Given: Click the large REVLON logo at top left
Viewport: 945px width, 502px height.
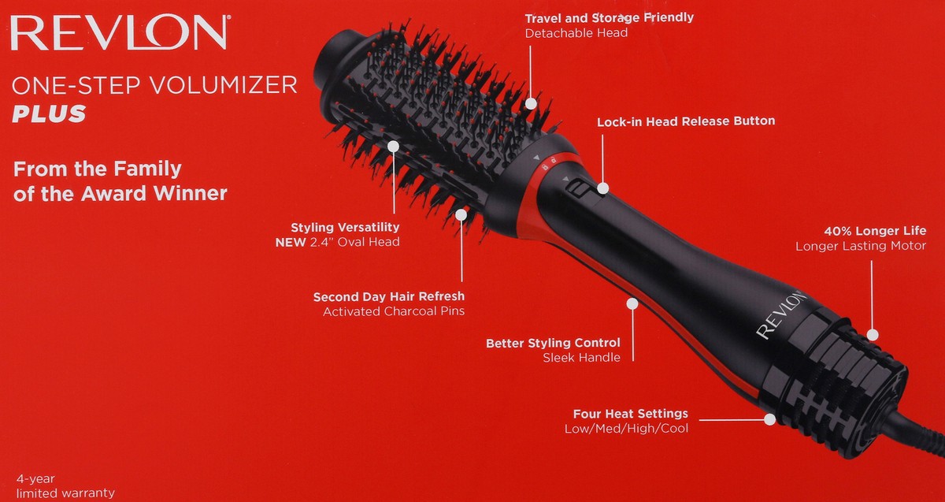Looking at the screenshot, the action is [x=120, y=32].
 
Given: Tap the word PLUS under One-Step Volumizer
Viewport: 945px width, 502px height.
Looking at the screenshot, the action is [x=49, y=113].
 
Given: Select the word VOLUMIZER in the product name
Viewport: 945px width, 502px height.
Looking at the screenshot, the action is [x=224, y=85].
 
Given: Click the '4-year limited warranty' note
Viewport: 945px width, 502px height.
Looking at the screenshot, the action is [x=65, y=486].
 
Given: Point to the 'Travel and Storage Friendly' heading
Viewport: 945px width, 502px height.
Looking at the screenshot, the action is [x=610, y=18].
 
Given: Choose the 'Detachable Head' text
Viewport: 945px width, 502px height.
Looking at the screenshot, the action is [x=576, y=33].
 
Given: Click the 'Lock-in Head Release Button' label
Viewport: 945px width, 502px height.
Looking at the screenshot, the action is [x=686, y=121].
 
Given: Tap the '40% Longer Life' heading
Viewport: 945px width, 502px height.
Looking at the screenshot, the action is [x=875, y=231].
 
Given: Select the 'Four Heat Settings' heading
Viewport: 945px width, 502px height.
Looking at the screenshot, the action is [x=630, y=413].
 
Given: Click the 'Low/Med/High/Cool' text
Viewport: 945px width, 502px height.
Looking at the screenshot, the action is [x=627, y=429].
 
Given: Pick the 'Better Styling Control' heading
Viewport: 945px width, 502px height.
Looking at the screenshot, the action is [x=553, y=343].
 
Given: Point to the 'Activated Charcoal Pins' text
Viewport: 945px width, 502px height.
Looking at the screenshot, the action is [x=394, y=311].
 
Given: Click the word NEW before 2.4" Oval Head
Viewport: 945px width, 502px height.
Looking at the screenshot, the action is [x=291, y=243].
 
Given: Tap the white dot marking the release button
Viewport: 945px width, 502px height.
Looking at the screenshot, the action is [x=603, y=188].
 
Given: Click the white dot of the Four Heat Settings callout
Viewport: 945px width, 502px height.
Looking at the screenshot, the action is [x=770, y=419].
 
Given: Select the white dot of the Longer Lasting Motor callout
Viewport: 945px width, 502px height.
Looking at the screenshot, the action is [x=873, y=335].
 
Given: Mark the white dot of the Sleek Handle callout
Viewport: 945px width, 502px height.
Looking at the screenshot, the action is [x=632, y=303].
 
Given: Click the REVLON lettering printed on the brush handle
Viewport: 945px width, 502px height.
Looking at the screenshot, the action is [x=780, y=314].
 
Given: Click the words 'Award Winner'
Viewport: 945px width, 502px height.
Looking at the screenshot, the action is [x=154, y=193].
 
